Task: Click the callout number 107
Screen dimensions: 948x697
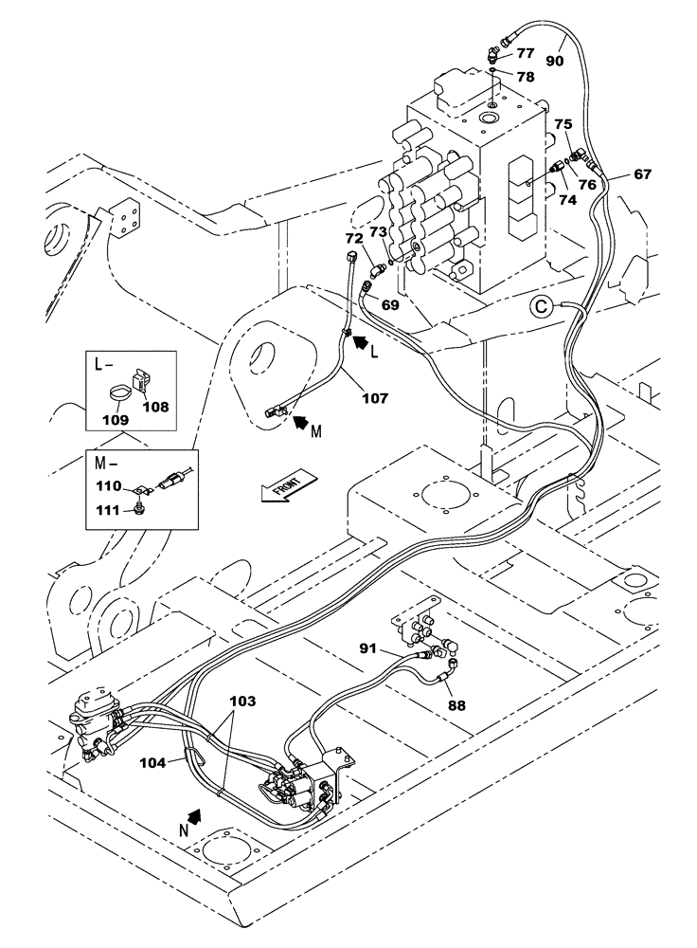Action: (x=374, y=399)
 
